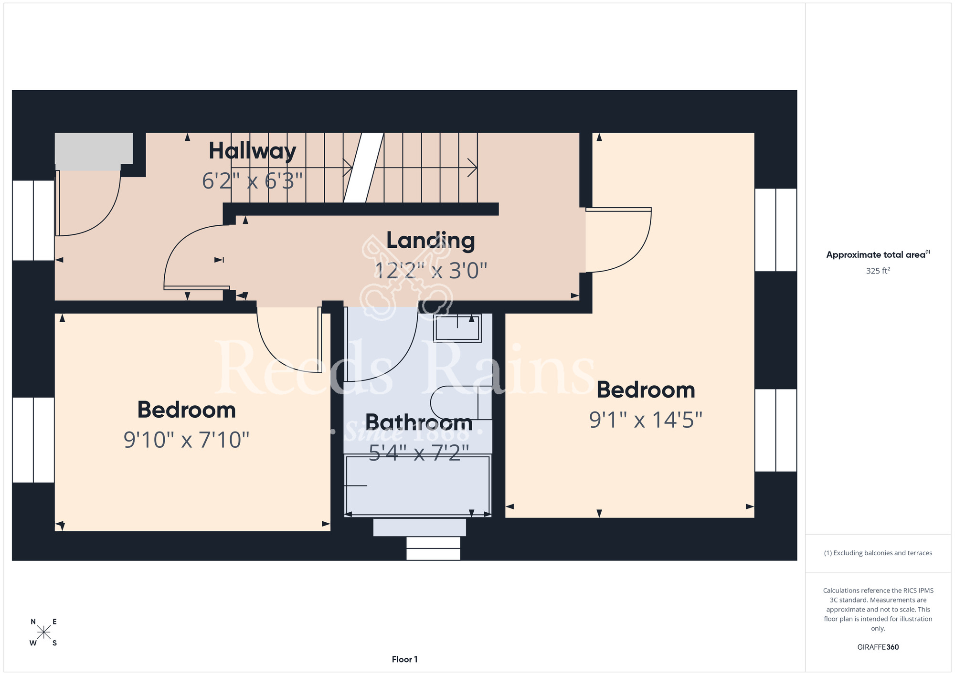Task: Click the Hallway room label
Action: point(253,151)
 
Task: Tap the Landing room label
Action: point(431,241)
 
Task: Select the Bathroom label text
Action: point(419,422)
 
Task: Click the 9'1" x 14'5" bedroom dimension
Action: point(646,420)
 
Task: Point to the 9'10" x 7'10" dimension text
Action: point(187,440)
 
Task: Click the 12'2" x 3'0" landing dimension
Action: point(431,271)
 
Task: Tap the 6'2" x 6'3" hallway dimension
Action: point(253,181)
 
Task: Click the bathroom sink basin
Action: point(457,327)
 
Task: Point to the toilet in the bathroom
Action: point(461,403)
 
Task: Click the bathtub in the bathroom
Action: point(418,485)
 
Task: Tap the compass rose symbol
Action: point(43,633)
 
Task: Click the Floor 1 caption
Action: point(404,659)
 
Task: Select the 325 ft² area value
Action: point(878,271)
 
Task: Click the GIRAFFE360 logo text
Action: point(878,647)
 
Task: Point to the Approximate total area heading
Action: point(878,254)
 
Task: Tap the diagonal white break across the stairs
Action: point(364,168)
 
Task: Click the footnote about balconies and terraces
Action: point(878,553)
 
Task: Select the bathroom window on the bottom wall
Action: point(433,548)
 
